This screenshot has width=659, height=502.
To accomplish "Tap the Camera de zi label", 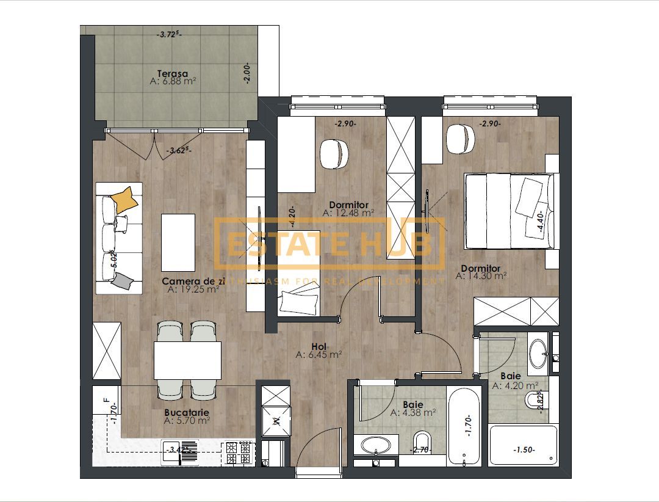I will [190, 281].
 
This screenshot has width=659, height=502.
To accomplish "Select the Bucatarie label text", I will [187, 412].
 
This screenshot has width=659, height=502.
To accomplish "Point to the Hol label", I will [319, 346].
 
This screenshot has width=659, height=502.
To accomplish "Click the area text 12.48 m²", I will [348, 213].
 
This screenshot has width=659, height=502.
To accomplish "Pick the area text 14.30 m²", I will [481, 276].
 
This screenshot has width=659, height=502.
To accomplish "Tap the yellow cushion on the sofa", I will [124, 199].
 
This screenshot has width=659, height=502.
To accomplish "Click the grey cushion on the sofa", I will [124, 281].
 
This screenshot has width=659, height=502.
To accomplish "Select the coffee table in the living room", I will [178, 242].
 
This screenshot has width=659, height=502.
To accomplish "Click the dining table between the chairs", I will [187, 360].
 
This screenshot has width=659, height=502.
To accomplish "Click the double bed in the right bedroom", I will [510, 211].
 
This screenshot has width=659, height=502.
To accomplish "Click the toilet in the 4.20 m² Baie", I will [534, 401].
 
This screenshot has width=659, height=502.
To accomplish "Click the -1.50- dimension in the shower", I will [523, 449].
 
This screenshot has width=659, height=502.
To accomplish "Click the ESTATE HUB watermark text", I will [329, 244].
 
